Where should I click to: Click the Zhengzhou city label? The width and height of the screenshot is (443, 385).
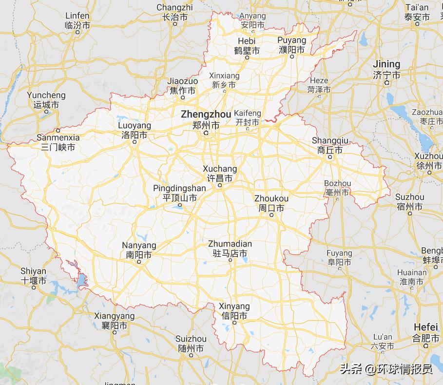206,115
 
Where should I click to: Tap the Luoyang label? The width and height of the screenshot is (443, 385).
135,126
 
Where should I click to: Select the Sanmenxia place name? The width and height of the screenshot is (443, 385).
58,138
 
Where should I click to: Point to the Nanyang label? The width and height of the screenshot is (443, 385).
139,246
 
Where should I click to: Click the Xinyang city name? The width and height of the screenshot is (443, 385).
234,307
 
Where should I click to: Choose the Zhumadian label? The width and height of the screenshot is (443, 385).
230,244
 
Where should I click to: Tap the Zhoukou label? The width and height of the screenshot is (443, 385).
271,199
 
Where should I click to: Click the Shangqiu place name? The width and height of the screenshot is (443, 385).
330,141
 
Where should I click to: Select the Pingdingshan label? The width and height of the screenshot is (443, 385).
179,189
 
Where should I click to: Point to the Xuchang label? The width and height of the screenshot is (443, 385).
220,169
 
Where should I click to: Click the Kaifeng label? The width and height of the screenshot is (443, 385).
248,114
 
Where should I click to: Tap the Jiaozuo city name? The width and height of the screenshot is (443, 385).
182,81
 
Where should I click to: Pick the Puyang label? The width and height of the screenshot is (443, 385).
292,40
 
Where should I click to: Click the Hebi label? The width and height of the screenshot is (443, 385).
247,41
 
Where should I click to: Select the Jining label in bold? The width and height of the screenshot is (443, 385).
386,64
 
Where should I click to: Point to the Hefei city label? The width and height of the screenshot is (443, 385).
426,327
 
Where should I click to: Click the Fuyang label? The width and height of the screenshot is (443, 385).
339,253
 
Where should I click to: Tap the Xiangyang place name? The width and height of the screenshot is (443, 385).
114,316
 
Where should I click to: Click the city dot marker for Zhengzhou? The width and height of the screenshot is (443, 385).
206,133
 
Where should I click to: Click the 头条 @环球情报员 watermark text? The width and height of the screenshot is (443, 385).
385,369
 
